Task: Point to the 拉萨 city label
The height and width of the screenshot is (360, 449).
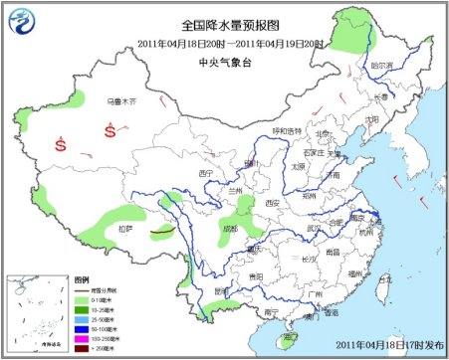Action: pos(124,229)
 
